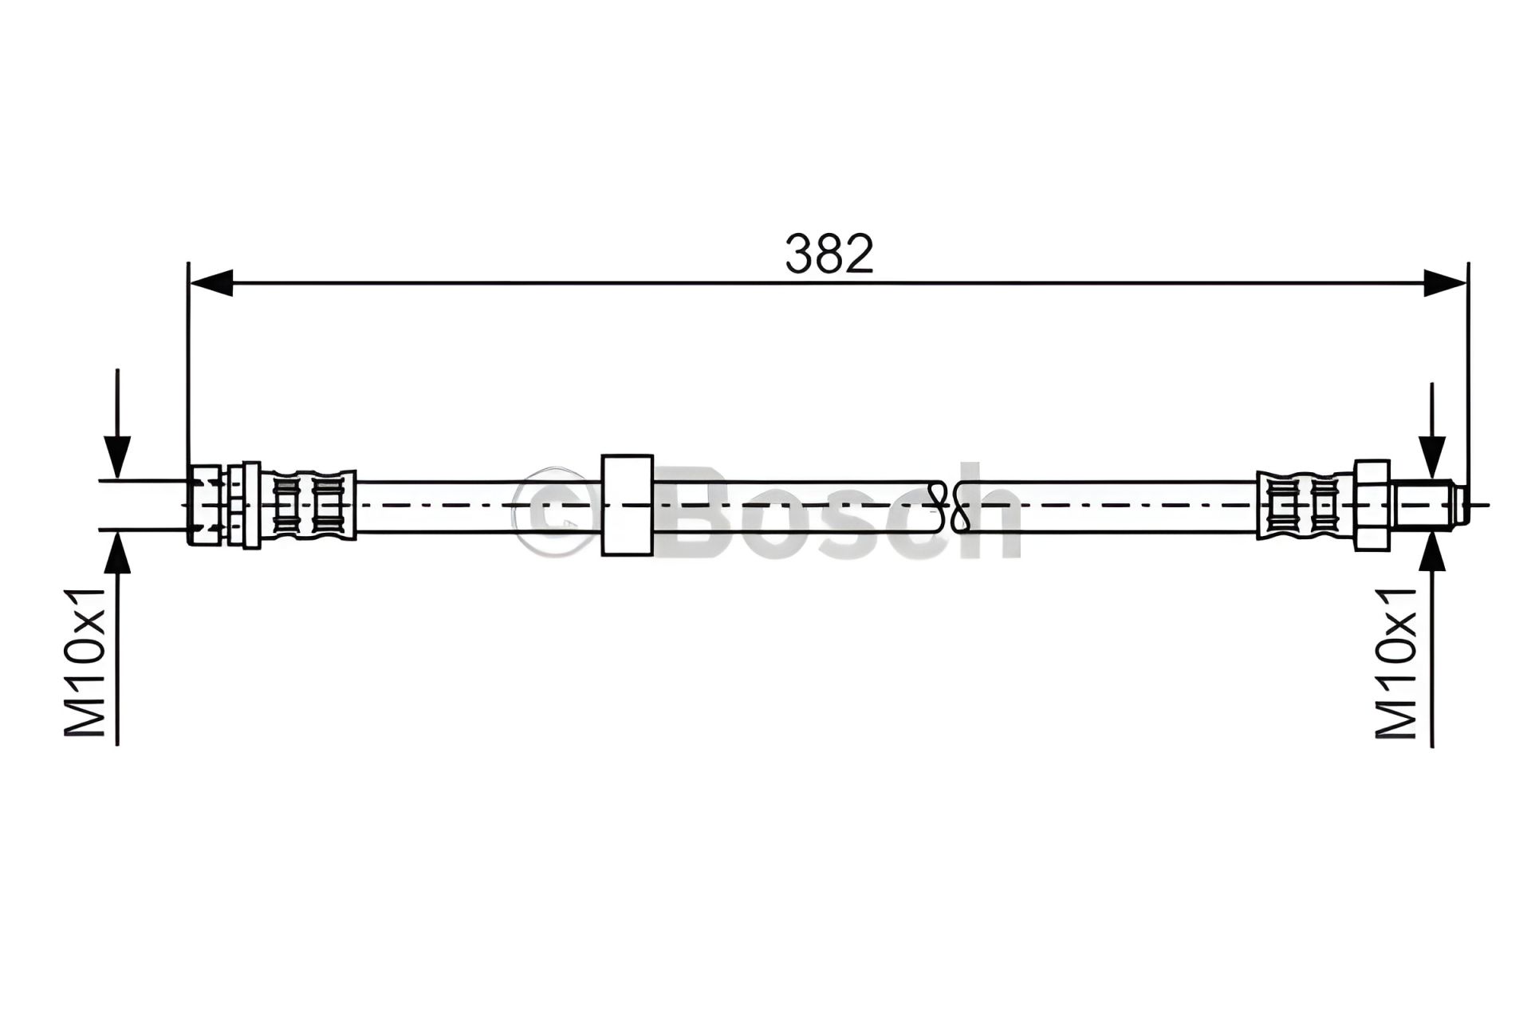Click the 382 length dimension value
(x=829, y=254)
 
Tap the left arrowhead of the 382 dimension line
(x=211, y=282)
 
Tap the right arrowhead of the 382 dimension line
(x=1445, y=282)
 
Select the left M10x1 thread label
(x=85, y=662)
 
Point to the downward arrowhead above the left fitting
(x=117, y=457)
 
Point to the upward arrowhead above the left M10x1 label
(x=117, y=551)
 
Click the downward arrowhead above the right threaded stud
(x=1432, y=457)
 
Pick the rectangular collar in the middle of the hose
(x=628, y=505)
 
